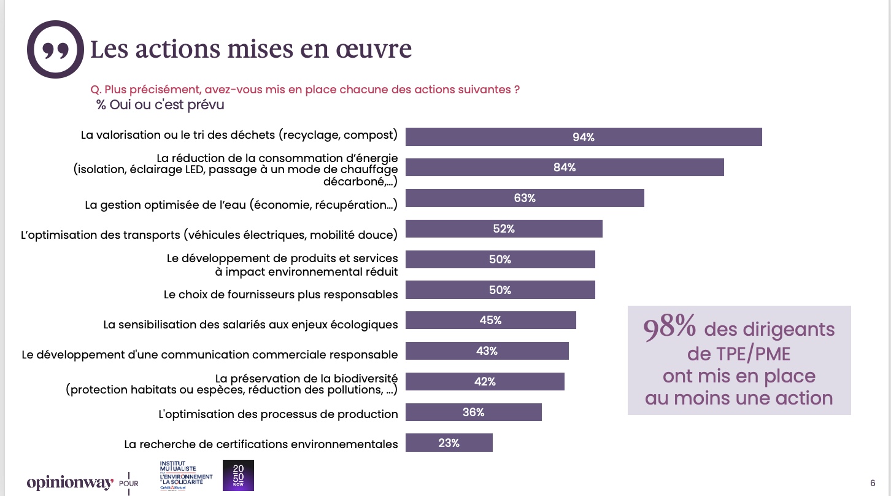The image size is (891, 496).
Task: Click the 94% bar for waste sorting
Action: pos(584,137)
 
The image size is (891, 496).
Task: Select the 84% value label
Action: pos(565,168)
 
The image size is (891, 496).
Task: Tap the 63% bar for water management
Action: pos(525,198)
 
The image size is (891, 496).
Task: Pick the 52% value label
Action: pos(504,229)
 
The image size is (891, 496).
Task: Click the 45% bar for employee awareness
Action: pos(491,320)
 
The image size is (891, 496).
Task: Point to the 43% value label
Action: pos(487,351)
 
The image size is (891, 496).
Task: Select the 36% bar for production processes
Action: pos(474,412)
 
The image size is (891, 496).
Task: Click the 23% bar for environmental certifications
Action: pos(449,443)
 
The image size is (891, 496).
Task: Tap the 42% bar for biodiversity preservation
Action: pos(485,381)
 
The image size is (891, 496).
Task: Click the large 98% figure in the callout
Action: pos(669,327)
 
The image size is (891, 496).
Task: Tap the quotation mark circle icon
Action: pos(55,49)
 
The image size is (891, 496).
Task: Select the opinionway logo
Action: pos(71,482)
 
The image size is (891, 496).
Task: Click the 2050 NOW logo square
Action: pos(238,475)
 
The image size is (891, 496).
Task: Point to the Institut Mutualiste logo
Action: pos(186,475)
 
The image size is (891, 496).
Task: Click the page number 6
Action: pos(873,483)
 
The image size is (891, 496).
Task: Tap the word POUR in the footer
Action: pos(129,484)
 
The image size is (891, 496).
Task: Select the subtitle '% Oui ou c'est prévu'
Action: pos(160,104)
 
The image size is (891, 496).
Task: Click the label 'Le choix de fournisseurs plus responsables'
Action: pos(281,295)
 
